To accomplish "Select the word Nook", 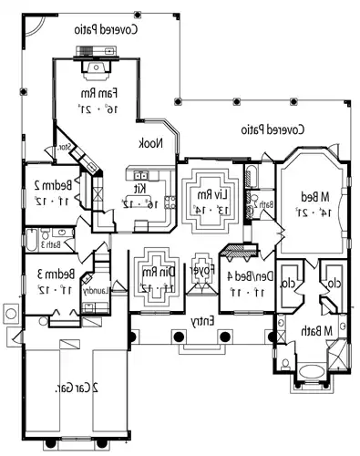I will (x=149, y=143).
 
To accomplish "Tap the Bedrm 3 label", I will (x=47, y=275).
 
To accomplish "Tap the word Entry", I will (x=201, y=322).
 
